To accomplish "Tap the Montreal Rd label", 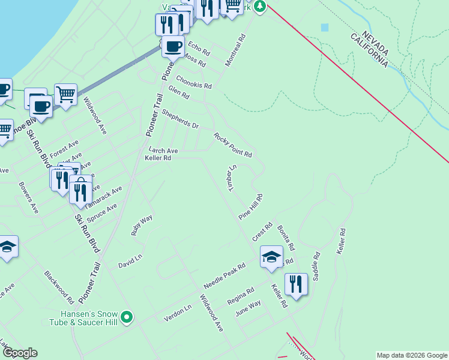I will [235, 50].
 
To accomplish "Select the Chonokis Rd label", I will [193, 82].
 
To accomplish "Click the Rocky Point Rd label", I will [232, 145].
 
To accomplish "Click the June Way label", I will [249, 308].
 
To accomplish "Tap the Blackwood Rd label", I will [59, 287].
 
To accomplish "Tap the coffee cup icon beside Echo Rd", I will [173, 46].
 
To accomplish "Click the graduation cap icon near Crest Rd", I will [271, 256].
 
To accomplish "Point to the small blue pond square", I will [325, 28].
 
